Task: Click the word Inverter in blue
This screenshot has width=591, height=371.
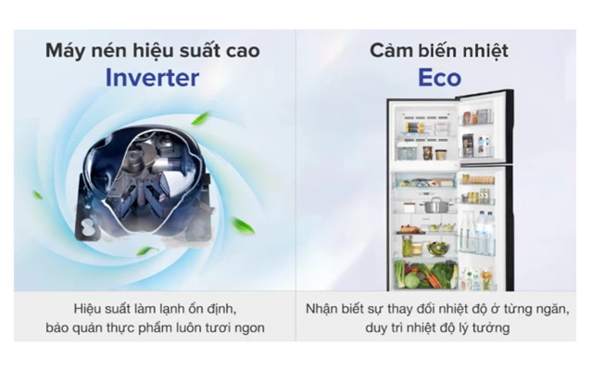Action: click(152, 78)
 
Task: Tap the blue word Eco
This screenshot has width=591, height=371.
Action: click(439, 78)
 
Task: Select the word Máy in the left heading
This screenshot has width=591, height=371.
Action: click(66, 51)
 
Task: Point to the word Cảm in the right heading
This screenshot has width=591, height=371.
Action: click(391, 51)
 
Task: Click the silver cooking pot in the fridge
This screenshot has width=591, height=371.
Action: click(436, 205)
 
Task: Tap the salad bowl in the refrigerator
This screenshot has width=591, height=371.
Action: click(437, 249)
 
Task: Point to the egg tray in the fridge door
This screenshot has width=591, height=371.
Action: click(479, 179)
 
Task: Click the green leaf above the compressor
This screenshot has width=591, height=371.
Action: click(200, 118)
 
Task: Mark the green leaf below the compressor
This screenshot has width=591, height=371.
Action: click(147, 250)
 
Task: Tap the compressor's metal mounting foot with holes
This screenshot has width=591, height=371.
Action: click(87, 227)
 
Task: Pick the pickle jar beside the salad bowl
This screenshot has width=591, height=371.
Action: click(407, 246)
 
